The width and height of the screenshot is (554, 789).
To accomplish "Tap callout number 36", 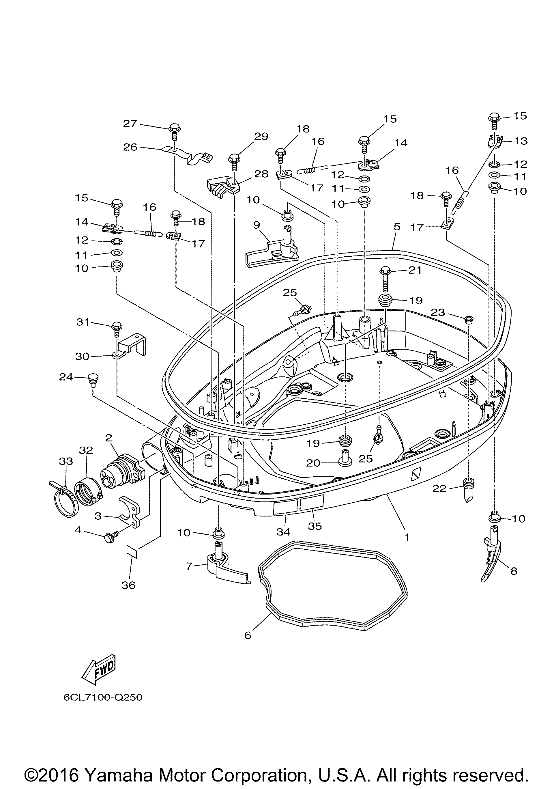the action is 128,585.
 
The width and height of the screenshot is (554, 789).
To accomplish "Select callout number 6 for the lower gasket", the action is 248,635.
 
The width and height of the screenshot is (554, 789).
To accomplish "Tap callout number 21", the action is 415,270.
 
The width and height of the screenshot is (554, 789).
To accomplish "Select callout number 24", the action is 66,377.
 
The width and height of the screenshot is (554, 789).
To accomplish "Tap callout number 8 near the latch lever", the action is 514,571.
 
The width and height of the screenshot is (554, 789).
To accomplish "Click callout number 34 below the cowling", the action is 283,532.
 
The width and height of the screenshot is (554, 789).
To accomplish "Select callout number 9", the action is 257,225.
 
